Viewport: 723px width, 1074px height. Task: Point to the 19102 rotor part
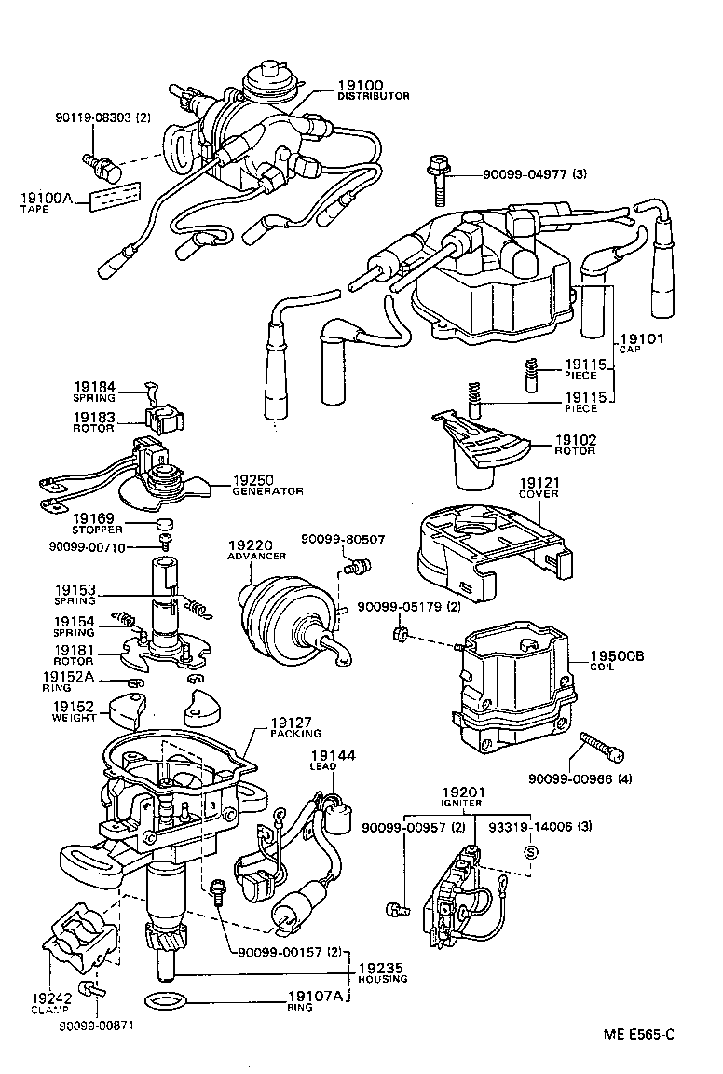coord(484,449)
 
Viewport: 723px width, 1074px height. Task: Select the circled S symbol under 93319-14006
coord(531,850)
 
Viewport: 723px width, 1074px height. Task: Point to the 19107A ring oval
coord(168,1002)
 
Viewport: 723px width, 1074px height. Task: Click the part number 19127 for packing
coord(293,723)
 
